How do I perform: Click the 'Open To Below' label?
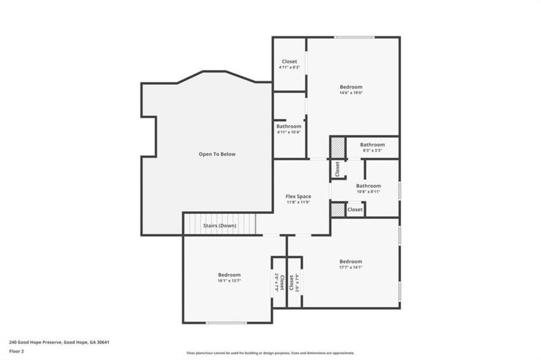pyautogui.click(x=217, y=154)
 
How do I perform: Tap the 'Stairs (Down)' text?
pyautogui.click(x=220, y=226)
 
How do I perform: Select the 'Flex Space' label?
pyautogui.click(x=298, y=196)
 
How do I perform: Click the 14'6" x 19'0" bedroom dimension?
pyautogui.click(x=351, y=93)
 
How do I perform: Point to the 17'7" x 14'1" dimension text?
pyautogui.click(x=351, y=267)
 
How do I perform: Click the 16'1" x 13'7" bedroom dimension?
pyautogui.click(x=229, y=280)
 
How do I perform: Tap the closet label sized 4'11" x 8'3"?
pyautogui.click(x=289, y=67)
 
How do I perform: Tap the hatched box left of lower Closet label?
pyautogui.click(x=338, y=210)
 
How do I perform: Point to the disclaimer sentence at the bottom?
pyautogui.click(x=270, y=353)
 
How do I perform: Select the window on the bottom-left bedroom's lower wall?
pyautogui.click(x=226, y=323)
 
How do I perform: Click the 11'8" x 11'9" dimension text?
pyautogui.click(x=298, y=202)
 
